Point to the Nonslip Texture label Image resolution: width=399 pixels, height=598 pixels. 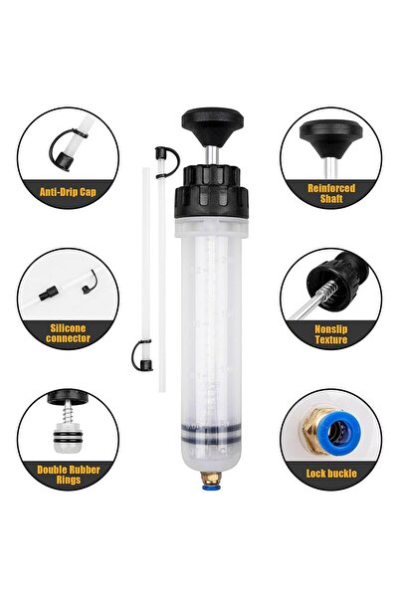click(x=330, y=332)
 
